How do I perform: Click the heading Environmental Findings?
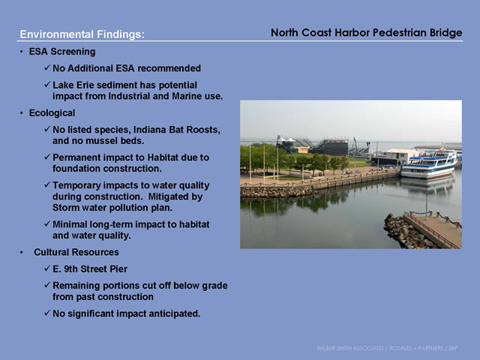point(82,34)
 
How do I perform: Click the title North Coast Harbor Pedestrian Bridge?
point(367,32)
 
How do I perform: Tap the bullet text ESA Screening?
point(62,52)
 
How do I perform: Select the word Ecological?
point(52,113)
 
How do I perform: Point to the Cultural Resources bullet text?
point(76,252)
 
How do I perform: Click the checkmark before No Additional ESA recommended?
point(46,67)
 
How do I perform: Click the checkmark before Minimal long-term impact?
point(46,223)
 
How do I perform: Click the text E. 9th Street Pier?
point(90,268)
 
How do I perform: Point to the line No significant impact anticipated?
point(127,313)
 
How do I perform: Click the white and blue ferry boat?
point(428,164)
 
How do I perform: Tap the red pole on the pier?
point(427,206)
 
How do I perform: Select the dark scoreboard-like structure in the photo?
point(336,148)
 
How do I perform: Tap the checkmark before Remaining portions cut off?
point(46,285)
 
